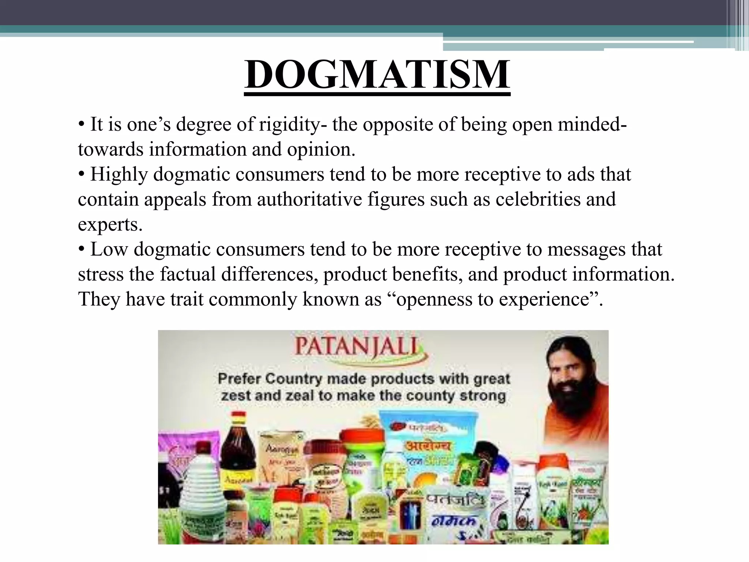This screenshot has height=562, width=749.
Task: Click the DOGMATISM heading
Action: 377,75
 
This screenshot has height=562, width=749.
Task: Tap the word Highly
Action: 119,174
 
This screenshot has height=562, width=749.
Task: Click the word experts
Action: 109,224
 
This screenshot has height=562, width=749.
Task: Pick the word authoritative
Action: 309,199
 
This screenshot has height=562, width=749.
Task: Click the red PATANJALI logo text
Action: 356,346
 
